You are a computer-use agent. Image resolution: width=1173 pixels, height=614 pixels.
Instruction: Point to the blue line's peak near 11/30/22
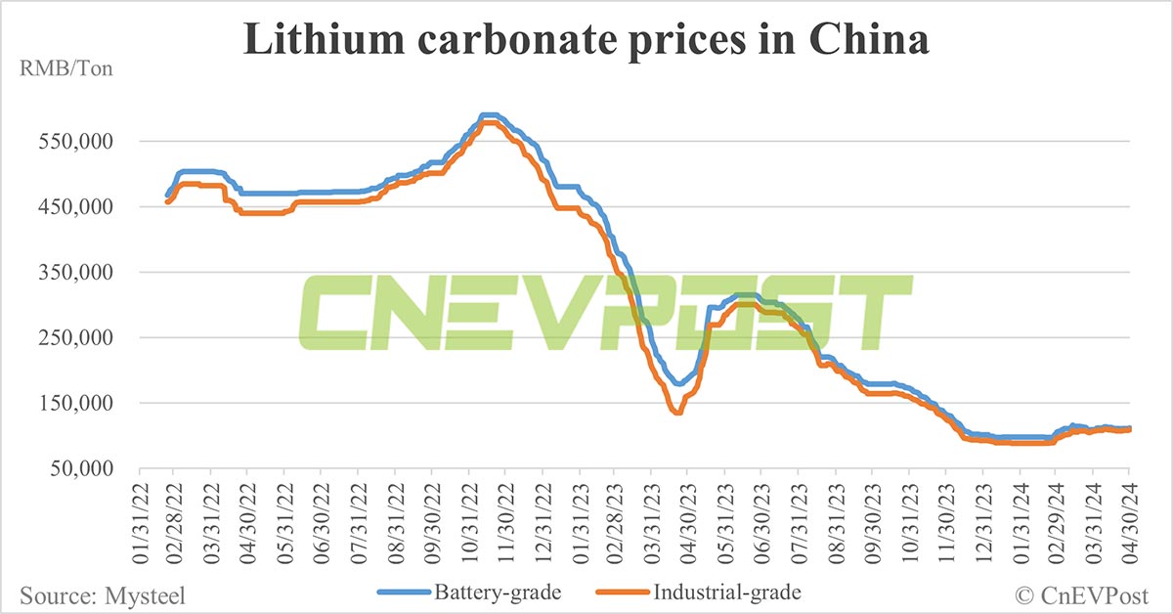(491, 115)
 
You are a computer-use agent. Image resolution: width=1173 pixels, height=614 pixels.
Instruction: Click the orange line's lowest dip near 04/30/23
(676, 413)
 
